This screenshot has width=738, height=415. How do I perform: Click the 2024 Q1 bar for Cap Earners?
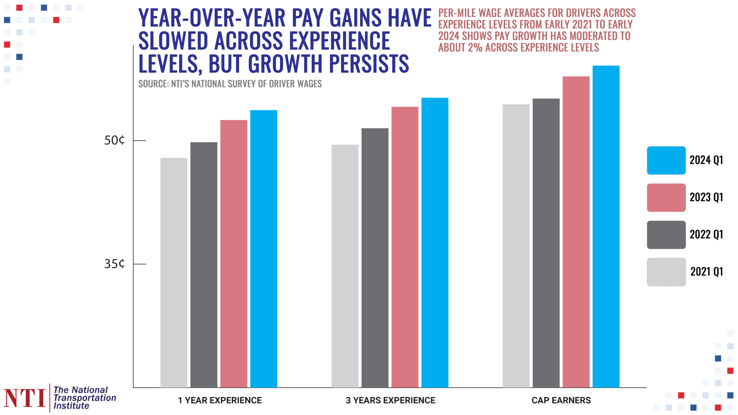click(606, 227)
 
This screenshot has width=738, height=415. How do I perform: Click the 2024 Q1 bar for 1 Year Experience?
click(263, 249)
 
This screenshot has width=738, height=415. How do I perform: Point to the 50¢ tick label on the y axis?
click(114, 140)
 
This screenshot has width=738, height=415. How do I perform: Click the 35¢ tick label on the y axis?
click(114, 264)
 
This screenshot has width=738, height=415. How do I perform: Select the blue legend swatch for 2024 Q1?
click(666, 160)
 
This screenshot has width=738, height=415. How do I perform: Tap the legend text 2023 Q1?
click(706, 197)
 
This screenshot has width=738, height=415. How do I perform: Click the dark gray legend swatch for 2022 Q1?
click(666, 235)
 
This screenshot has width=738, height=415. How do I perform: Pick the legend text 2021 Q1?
click(706, 272)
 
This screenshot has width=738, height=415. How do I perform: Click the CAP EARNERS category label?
click(561, 400)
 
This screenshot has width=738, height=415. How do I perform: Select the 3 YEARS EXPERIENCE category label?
click(390, 400)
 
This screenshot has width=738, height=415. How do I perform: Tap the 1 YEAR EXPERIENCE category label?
click(220, 400)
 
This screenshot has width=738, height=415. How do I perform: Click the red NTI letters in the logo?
click(25, 398)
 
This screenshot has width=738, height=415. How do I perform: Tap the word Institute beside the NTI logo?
click(71, 406)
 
